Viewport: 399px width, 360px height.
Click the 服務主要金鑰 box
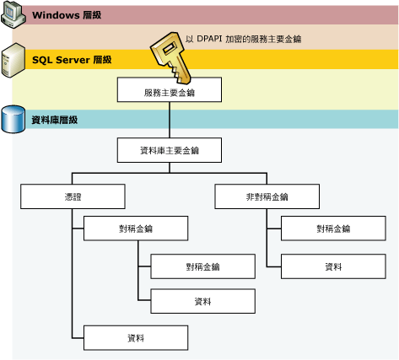170,90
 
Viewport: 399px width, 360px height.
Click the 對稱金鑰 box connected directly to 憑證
135,228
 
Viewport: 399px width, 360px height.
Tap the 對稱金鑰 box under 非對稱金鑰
333,228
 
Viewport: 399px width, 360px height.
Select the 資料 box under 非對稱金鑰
333,266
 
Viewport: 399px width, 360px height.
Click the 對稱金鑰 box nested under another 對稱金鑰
202,266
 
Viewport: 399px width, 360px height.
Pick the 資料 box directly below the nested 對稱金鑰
202,301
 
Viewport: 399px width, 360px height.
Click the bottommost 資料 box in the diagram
135,338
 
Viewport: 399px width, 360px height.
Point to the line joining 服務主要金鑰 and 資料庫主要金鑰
170,121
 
